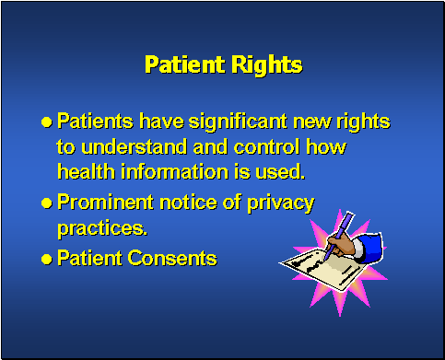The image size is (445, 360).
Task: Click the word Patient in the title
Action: (x=181, y=65)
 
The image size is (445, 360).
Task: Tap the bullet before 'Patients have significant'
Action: (x=47, y=122)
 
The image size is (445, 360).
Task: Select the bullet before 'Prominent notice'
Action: (x=47, y=203)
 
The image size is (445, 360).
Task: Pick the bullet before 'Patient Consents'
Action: (x=47, y=259)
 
